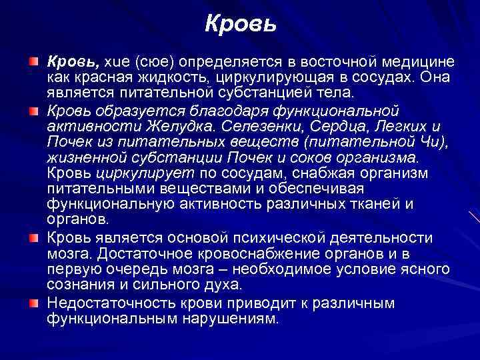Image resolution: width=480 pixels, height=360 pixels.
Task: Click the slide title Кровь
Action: point(239,25)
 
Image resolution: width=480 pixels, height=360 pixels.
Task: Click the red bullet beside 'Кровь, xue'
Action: point(33,62)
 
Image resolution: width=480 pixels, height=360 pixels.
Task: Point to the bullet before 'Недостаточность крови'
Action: point(33,303)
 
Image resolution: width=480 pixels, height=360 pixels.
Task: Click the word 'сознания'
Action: point(79,285)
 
